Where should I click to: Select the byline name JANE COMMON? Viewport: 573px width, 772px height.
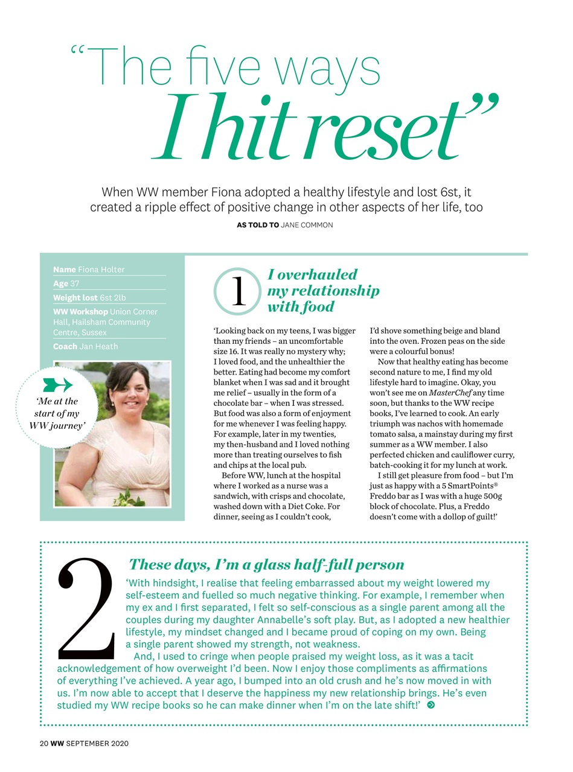point(307,225)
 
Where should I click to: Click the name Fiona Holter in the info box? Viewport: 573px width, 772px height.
point(101,270)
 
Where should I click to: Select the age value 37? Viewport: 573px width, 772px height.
point(75,283)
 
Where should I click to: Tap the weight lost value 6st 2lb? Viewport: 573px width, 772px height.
point(113,297)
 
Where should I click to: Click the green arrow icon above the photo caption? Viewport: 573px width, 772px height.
point(57,385)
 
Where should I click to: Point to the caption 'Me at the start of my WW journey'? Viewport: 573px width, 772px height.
point(57,413)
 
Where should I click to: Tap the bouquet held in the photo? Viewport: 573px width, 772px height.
point(130,496)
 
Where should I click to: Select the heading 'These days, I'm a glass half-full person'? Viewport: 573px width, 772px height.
point(266,565)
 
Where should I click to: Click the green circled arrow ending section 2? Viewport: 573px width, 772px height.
point(431,705)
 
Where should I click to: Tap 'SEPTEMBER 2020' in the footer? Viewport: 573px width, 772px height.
point(98,743)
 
